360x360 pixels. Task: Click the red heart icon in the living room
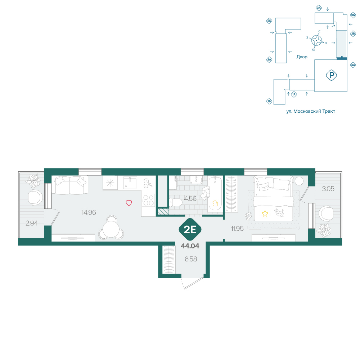coord(129,203)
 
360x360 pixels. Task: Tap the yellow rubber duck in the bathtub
coord(215,203)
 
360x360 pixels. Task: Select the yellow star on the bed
coord(265,214)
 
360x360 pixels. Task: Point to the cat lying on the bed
coord(279,212)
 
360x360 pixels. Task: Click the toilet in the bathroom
coord(175,202)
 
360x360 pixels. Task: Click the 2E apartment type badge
coord(190,229)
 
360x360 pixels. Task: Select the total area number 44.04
coord(190,246)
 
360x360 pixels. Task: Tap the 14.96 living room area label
coord(89,212)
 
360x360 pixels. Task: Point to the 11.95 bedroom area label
coord(237,229)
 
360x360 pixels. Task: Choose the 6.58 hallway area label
coord(191,259)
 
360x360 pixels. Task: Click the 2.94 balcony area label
coord(32,223)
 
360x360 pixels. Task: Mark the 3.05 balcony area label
coord(328,189)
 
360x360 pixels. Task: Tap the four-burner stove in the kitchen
coord(148,200)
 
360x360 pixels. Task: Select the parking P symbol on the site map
coord(331,75)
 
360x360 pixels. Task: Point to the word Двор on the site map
coord(302,57)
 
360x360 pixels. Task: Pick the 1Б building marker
coord(269,101)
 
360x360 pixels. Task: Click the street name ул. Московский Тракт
coord(311,111)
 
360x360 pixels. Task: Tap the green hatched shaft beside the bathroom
coord(163,211)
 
